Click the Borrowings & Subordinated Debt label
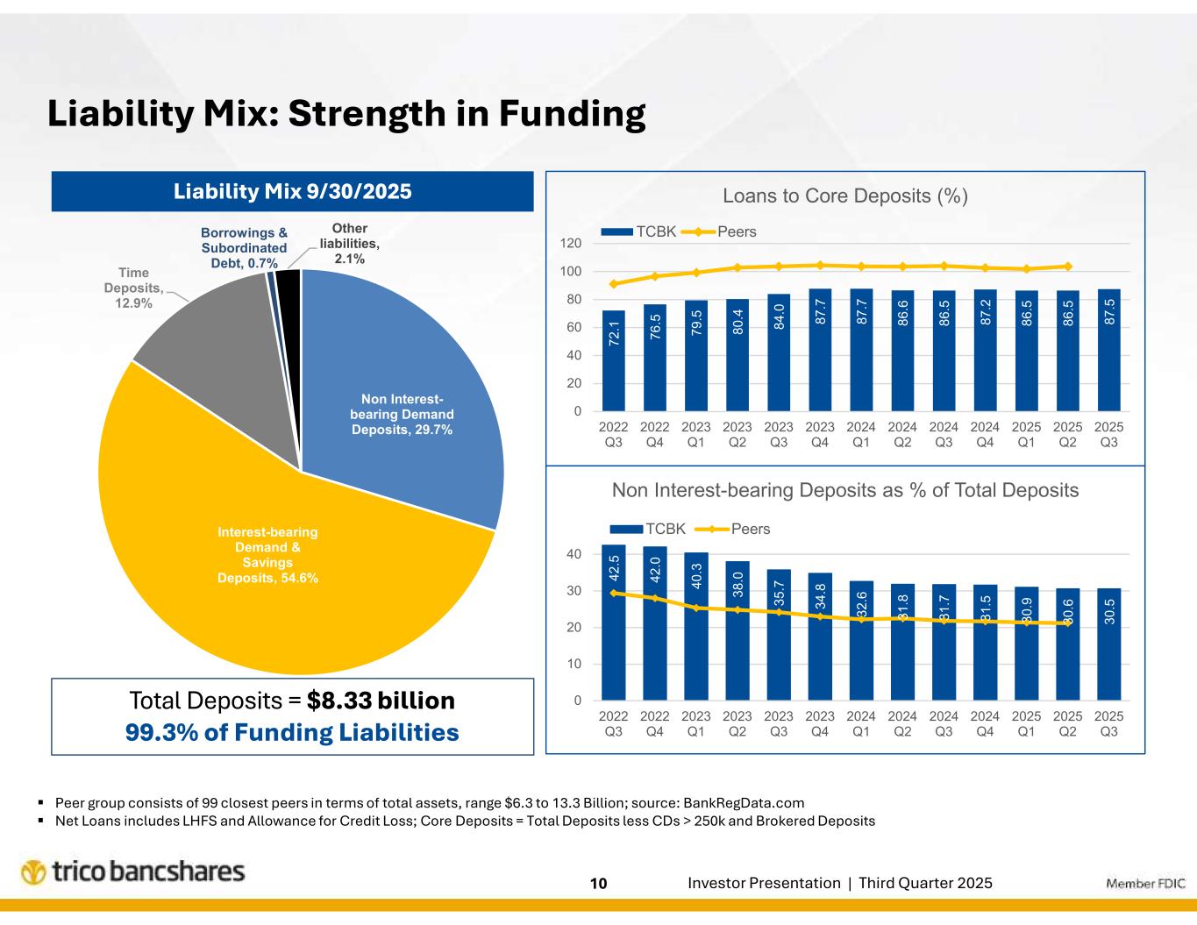pyautogui.click(x=243, y=247)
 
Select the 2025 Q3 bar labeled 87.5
pyautogui.click(x=1108, y=350)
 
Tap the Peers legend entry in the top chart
pyautogui.click(x=737, y=231)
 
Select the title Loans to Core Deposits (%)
pyautogui.click(x=844, y=196)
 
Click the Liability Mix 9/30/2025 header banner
pyautogui.click(x=292, y=191)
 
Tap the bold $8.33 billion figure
pyautogui.click(x=381, y=701)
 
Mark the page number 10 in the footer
pyautogui.click(x=598, y=883)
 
